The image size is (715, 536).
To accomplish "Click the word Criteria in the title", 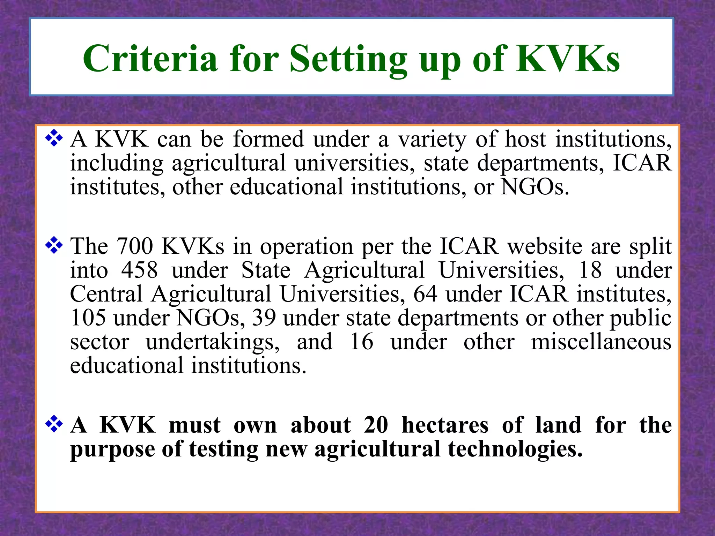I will pyautogui.click(x=150, y=59).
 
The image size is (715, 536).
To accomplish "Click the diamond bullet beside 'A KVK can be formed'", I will pyautogui.click(x=54, y=138).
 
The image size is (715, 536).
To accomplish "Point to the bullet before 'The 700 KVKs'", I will pyautogui.click(x=54, y=245).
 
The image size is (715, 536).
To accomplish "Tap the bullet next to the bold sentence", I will pyautogui.click(x=54, y=424).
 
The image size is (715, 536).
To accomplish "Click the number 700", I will pyautogui.click(x=134, y=246).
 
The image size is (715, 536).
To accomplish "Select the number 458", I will pyautogui.click(x=139, y=270).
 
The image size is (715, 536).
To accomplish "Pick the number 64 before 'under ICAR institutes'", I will pyautogui.click(x=425, y=294).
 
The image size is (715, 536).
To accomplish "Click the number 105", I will pyautogui.click(x=88, y=318).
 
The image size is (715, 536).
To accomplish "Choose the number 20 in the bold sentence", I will pyautogui.click(x=376, y=425).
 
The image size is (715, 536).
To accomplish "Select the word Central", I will pyautogui.click(x=106, y=294).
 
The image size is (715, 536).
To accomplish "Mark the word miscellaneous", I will pyautogui.click(x=601, y=342).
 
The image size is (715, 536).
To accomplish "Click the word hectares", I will pyautogui.click(x=445, y=425).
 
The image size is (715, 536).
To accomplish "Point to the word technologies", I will pyautogui.click(x=515, y=449).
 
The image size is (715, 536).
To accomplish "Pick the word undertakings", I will pyautogui.click(x=213, y=342).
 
